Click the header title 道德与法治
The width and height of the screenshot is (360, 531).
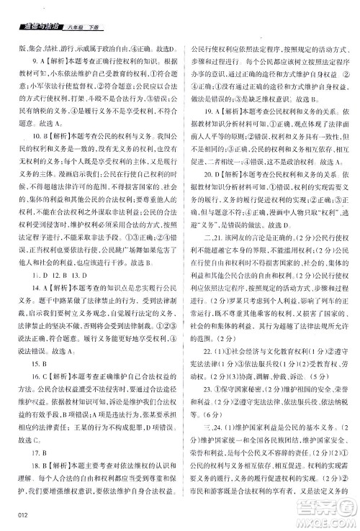[40, 26]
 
